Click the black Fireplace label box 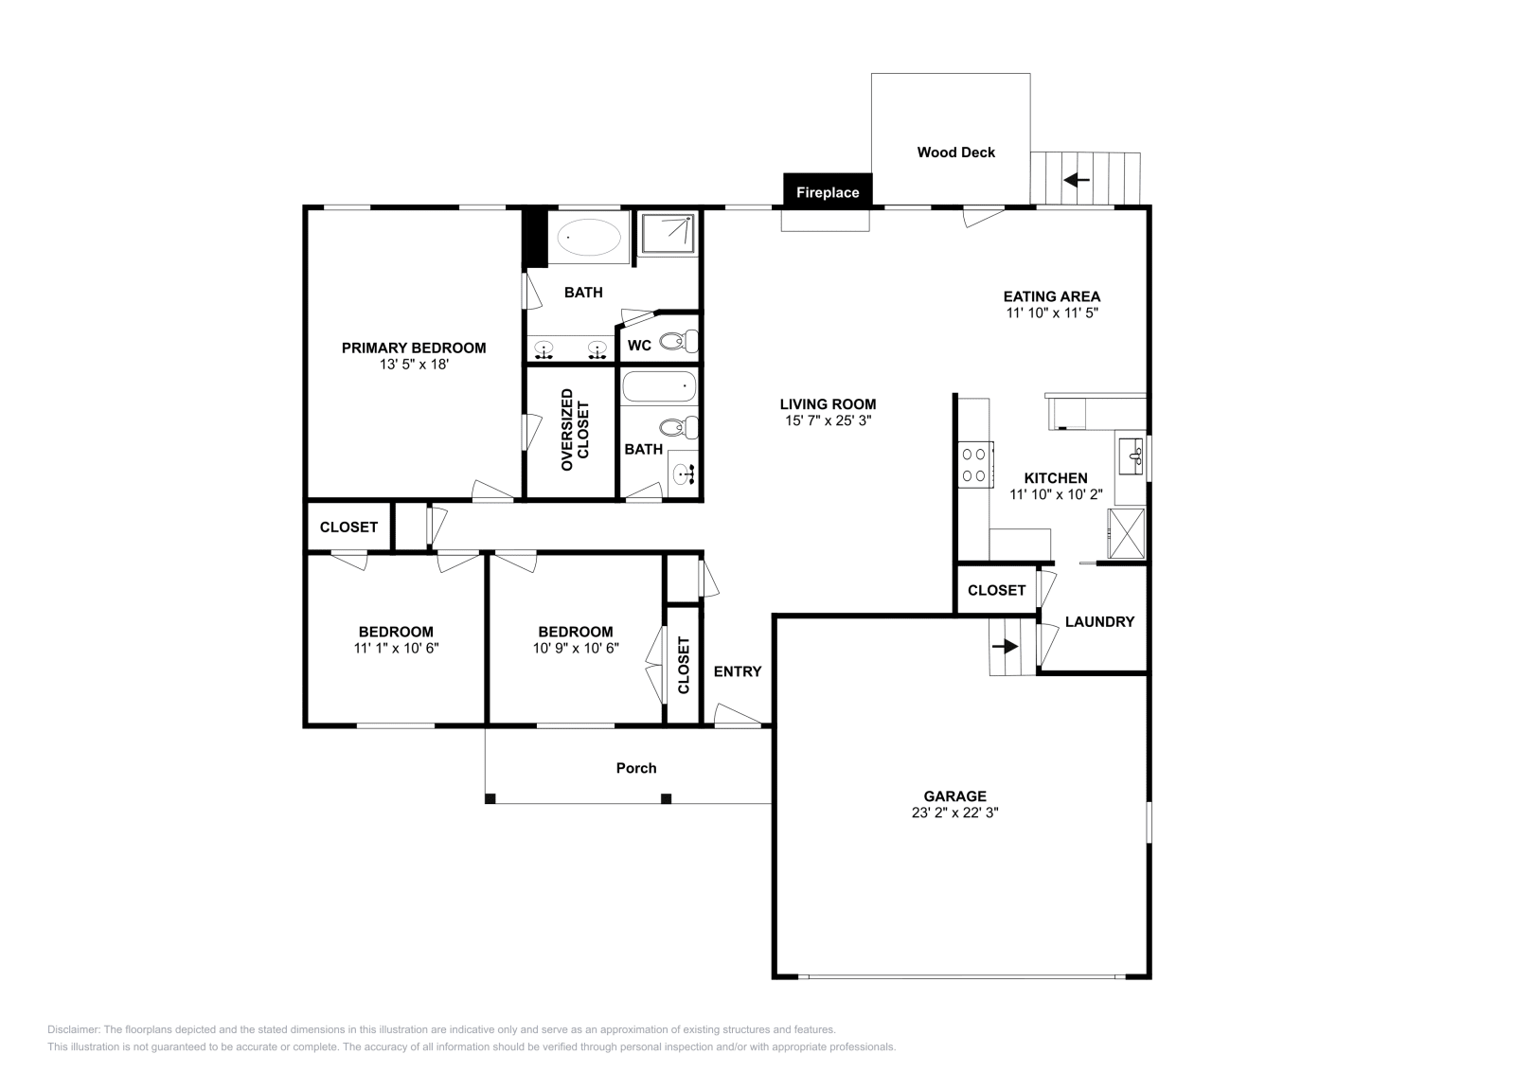tap(828, 189)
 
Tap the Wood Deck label tap(955, 152)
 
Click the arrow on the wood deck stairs tap(1076, 180)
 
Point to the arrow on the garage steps tap(1005, 646)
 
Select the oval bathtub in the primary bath tap(588, 237)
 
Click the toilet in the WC tap(678, 341)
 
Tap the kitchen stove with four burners tap(975, 465)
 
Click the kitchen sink tap(1131, 456)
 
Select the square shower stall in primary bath tap(668, 234)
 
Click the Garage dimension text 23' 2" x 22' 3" tap(955, 813)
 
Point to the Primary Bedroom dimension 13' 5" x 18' tap(414, 364)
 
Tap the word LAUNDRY tap(1099, 621)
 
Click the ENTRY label tap(738, 670)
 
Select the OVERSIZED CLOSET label tap(575, 430)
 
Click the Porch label tap(636, 768)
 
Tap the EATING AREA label tap(1052, 296)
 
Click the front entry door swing tap(738, 716)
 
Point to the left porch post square tap(490, 798)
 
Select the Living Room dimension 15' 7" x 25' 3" tap(828, 420)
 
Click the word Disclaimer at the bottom tap(74, 1029)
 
